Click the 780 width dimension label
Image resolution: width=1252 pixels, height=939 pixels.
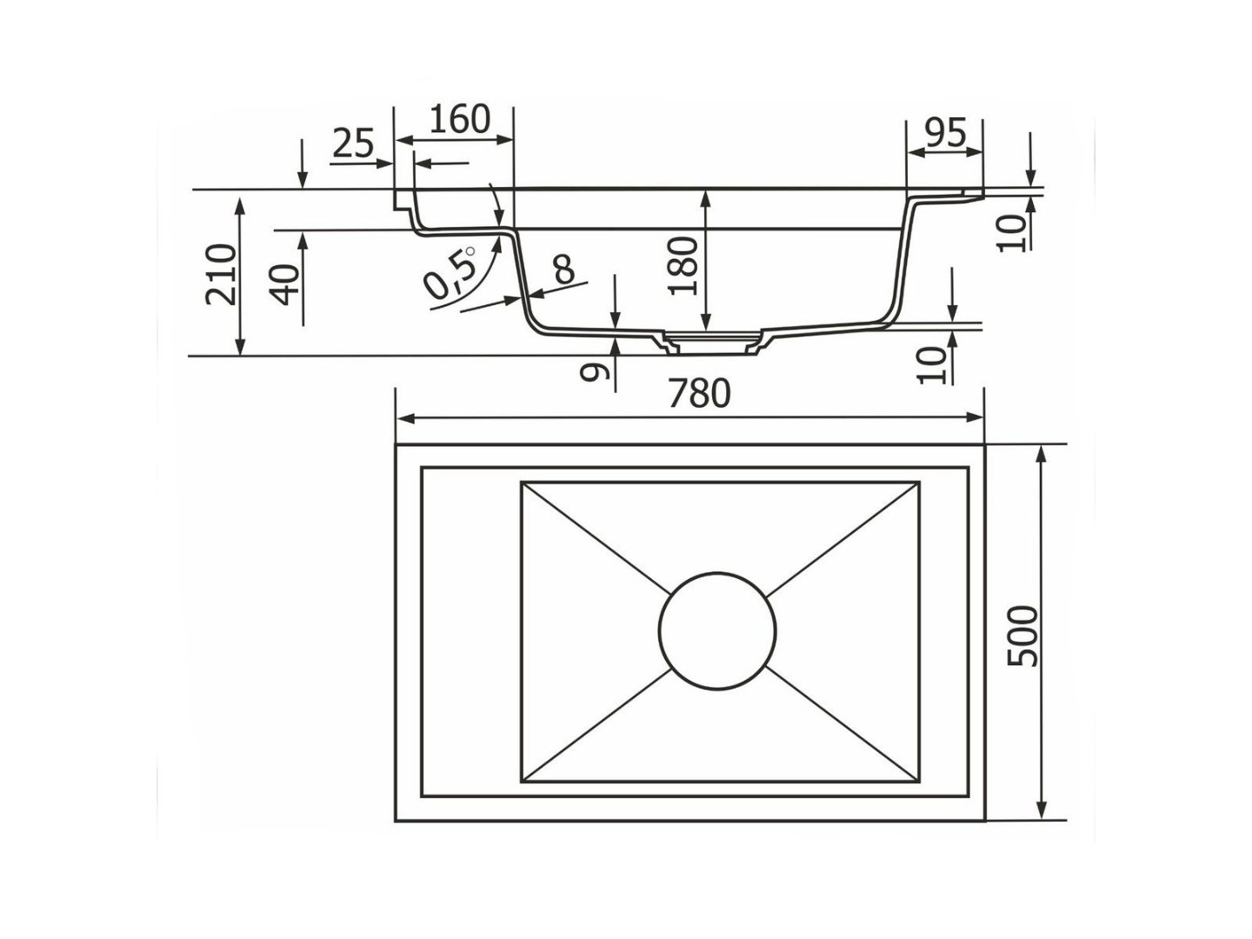tap(699, 393)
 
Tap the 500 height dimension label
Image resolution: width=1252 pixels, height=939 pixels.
tap(1022, 636)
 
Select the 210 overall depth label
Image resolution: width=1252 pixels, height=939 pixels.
tap(221, 274)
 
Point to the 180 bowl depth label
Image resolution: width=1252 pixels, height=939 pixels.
tap(683, 266)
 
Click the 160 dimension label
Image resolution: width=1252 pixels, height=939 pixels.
tap(460, 118)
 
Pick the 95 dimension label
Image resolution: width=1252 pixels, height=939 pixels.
tap(945, 133)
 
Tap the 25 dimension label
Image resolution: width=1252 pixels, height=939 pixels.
tap(353, 143)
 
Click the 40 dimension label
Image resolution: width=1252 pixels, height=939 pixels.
tap(283, 285)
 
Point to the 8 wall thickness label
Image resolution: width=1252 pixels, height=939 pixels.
tap(563, 270)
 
